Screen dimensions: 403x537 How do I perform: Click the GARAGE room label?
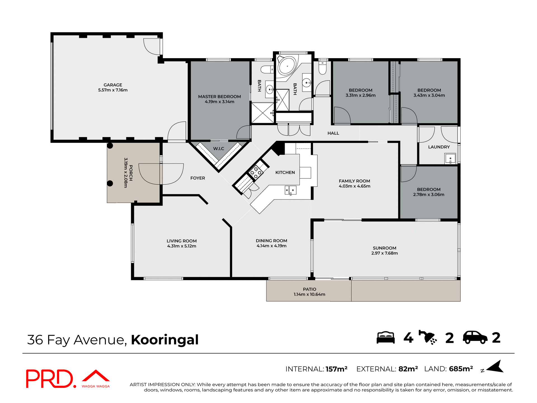point(113,85)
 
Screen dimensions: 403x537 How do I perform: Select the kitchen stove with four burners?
point(256,172)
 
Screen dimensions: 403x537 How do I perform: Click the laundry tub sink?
point(450,159)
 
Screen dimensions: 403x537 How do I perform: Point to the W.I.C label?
point(218,149)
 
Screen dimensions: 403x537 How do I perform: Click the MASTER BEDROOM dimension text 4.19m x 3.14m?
point(220,102)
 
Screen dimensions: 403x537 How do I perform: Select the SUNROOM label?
point(384,248)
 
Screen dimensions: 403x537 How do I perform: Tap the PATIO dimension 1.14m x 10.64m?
point(309,294)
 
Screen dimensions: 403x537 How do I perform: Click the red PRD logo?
point(50,379)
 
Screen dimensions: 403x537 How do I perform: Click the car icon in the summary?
point(475,338)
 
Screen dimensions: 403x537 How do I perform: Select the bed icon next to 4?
point(385,338)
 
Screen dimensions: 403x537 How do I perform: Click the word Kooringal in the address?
point(165,340)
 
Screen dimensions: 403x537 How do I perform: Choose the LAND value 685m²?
point(461,369)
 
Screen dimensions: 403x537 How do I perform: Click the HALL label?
point(333,133)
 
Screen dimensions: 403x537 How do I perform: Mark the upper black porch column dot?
point(110,146)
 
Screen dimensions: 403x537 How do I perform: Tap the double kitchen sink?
point(290,190)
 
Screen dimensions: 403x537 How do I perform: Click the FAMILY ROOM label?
point(354,181)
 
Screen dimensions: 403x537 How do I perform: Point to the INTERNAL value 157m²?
point(336,369)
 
